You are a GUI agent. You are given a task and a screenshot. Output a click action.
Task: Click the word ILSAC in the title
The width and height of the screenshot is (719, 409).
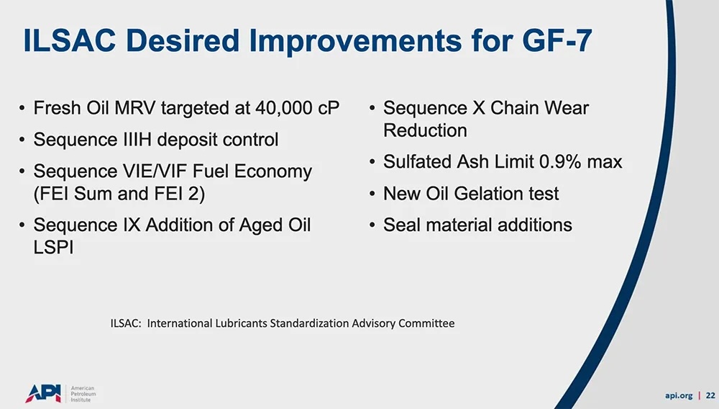[69, 40]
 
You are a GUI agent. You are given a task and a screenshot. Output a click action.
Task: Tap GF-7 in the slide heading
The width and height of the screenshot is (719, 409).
[557, 40]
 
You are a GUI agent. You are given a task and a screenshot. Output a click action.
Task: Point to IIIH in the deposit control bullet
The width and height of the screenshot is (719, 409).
[137, 140]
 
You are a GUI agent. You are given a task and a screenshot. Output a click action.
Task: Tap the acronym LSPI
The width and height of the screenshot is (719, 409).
[53, 248]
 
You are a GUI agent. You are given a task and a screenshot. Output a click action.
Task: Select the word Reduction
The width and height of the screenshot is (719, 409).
[425, 131]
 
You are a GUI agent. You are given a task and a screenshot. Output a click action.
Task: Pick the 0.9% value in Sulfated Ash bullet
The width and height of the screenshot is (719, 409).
[560, 162]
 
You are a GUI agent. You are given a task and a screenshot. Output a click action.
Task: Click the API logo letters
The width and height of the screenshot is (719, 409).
[43, 393]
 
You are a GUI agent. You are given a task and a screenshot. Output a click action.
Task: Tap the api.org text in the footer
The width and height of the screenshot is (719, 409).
[679, 395]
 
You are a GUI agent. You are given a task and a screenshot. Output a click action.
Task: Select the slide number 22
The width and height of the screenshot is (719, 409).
[710, 395]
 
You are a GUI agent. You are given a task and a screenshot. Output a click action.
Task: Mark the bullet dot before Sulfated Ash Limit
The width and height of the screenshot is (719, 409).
[372, 162]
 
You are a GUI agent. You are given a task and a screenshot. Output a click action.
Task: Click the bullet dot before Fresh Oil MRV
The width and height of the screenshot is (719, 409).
[22, 109]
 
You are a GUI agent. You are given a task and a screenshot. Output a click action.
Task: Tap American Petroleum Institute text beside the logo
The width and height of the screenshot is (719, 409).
[83, 394]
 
